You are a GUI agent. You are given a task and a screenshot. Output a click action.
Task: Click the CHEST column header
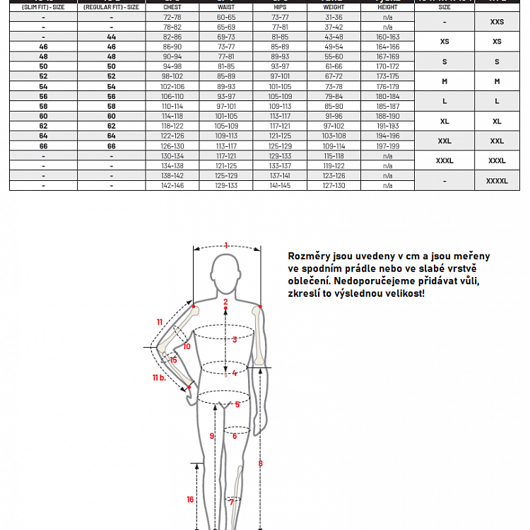(x=172, y=7)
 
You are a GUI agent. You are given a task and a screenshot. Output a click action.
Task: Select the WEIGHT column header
(x=334, y=7)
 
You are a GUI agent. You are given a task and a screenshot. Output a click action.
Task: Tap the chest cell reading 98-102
(x=172, y=76)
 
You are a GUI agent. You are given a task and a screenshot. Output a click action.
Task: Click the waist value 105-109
(x=226, y=126)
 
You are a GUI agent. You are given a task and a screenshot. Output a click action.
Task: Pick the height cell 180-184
(x=387, y=96)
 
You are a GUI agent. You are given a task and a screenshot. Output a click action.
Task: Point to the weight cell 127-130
(x=334, y=185)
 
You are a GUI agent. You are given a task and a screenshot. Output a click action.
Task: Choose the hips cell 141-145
(x=280, y=185)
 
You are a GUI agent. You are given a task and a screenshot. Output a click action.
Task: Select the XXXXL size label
(x=497, y=181)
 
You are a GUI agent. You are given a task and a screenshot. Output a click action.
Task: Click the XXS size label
(x=497, y=22)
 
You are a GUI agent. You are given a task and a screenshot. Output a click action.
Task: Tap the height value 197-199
(x=387, y=146)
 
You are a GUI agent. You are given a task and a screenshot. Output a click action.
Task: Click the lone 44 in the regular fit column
(x=112, y=36)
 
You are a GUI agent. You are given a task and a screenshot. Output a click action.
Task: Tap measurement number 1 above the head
(x=226, y=246)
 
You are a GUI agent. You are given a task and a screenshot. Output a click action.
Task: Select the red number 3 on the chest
(x=235, y=340)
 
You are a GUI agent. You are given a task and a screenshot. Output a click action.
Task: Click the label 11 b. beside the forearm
(x=158, y=377)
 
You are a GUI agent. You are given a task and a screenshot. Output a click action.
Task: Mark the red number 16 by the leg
(x=190, y=500)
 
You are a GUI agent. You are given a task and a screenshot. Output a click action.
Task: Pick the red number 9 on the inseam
(x=211, y=437)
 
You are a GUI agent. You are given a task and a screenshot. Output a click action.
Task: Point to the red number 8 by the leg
(x=260, y=464)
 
